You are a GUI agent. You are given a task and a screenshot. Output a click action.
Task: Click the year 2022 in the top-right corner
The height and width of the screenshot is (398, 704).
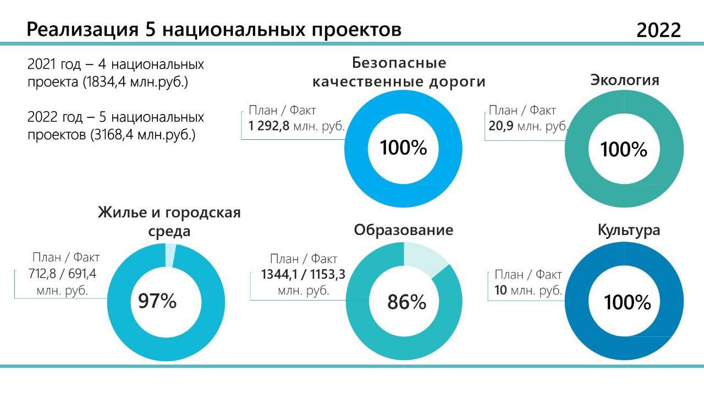[x=658, y=30]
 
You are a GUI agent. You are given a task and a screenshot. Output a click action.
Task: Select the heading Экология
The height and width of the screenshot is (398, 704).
[x=624, y=80]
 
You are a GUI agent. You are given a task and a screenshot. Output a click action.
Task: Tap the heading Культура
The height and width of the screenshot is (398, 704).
[x=629, y=230]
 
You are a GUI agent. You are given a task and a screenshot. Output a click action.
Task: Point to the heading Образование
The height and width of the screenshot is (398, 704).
[x=403, y=230]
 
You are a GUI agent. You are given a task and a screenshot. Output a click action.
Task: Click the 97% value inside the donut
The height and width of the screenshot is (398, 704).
[x=157, y=301]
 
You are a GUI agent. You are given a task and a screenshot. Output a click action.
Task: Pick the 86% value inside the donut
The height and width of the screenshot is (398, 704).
[x=407, y=302]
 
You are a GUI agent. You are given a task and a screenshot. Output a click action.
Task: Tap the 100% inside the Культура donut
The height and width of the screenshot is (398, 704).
[x=628, y=302]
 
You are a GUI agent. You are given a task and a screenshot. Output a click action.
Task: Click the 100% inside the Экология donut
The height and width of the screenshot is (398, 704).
[x=624, y=150]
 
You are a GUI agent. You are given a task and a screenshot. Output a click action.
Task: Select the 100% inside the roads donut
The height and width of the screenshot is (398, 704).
[x=404, y=148]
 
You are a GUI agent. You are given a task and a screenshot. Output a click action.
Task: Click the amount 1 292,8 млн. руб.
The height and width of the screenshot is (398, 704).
[x=296, y=126]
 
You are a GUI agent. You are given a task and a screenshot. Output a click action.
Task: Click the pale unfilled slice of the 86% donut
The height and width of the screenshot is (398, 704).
[x=424, y=258]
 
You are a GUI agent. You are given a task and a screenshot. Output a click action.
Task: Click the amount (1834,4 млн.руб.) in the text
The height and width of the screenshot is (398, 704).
[x=136, y=83]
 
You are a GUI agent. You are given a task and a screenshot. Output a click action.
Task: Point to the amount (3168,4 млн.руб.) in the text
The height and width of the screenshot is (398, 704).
[x=143, y=135]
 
